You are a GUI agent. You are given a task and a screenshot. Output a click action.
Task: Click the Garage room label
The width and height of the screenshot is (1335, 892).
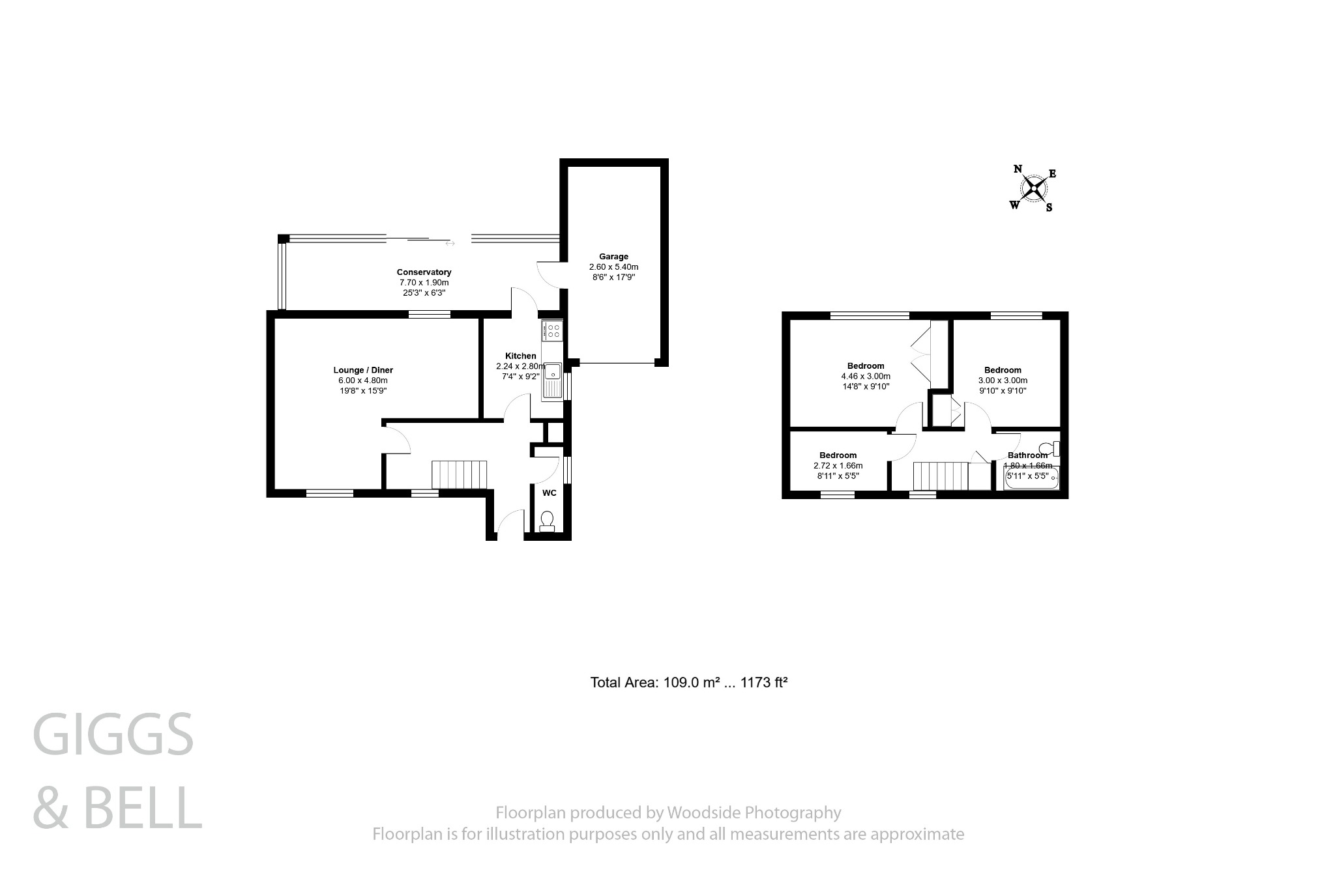click(x=613, y=257)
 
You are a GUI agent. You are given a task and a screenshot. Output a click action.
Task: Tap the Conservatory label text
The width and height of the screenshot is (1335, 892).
click(x=424, y=272)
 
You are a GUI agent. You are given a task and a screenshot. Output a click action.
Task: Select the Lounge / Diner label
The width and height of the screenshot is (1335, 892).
click(x=363, y=370)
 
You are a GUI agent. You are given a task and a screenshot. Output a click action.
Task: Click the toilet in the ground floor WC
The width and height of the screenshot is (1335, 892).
click(x=547, y=521)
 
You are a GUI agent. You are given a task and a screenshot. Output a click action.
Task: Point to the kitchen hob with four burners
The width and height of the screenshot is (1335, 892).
click(x=553, y=331)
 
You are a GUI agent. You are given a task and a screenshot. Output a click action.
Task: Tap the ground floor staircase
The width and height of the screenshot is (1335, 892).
click(x=460, y=474)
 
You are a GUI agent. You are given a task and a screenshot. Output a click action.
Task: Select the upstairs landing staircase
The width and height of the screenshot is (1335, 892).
click(x=940, y=476)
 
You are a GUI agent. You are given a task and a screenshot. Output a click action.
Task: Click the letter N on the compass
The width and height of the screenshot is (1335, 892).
click(x=1018, y=169)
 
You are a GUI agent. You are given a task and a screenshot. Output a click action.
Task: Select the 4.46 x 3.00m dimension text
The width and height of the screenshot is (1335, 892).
click(x=865, y=377)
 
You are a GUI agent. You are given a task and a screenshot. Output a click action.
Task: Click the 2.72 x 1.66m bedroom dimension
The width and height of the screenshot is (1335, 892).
click(x=838, y=466)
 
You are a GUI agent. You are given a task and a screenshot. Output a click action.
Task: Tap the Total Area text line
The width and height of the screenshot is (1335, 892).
click(x=689, y=683)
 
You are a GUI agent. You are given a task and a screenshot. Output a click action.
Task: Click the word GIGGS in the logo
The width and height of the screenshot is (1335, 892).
click(x=113, y=734)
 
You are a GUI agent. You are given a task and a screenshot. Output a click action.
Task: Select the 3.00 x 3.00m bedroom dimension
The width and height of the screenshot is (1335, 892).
click(x=1003, y=381)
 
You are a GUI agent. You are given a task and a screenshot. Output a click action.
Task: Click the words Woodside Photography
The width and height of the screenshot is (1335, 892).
click(x=753, y=813)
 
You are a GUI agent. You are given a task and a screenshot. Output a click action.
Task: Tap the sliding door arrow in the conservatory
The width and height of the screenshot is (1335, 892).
click(x=450, y=244)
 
